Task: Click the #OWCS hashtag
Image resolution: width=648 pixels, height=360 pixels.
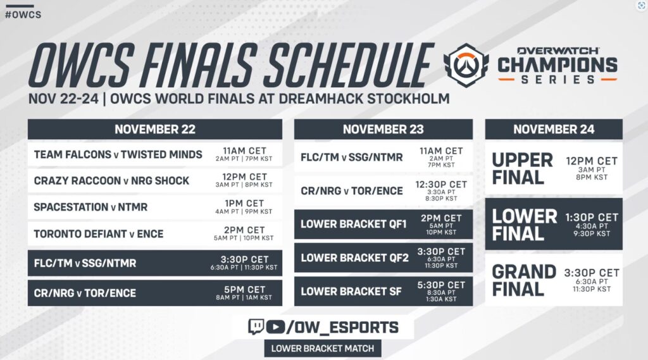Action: click(x=23, y=14)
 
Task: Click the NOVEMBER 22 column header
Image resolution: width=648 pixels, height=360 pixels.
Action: click(x=154, y=130)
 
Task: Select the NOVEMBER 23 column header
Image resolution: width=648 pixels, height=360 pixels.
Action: click(x=383, y=130)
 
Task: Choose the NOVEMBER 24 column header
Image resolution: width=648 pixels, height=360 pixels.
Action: click(x=553, y=130)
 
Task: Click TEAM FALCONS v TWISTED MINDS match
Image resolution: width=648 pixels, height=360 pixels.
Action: click(x=118, y=154)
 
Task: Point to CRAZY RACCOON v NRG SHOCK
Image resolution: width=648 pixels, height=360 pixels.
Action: click(x=111, y=181)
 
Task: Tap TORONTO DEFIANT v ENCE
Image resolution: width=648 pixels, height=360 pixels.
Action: click(x=99, y=234)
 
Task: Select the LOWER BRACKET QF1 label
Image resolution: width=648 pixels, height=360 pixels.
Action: click(x=349, y=224)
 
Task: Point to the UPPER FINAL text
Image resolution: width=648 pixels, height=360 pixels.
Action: click(x=523, y=168)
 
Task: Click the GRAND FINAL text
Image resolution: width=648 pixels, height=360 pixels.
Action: click(x=524, y=280)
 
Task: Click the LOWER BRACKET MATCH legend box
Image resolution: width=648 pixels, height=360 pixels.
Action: click(x=323, y=348)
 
